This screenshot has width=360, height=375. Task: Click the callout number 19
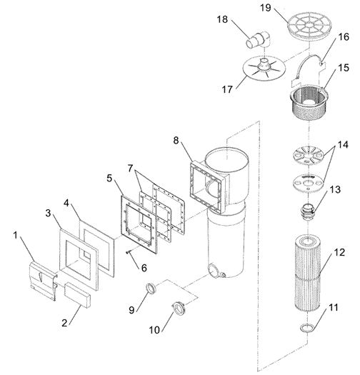265,8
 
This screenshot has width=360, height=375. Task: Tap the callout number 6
144,268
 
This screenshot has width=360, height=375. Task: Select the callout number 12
339,252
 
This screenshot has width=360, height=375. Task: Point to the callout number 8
176,141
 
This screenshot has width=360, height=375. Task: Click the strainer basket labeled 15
309,102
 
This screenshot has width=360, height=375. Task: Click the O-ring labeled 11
305,328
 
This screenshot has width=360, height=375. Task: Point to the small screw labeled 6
130,251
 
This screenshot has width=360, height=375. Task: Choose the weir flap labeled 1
43,280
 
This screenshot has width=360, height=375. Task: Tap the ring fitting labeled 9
151,288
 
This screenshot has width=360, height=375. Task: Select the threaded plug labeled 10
178,309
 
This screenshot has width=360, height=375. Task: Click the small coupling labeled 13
307,211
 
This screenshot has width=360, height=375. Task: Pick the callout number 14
343,145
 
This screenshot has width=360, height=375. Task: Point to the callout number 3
49,213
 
